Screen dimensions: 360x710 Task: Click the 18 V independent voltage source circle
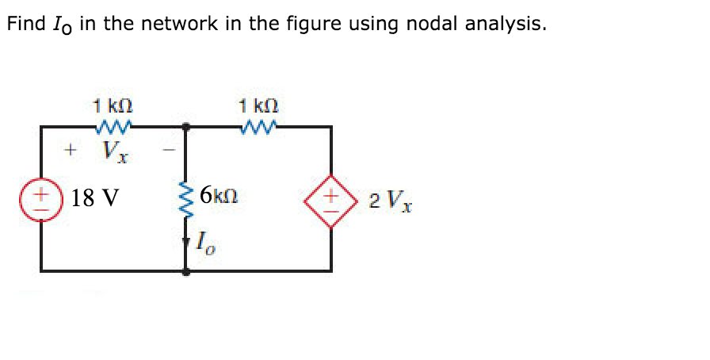(x=40, y=197)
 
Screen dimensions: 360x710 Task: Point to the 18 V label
(x=94, y=197)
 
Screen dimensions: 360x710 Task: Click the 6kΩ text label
(x=222, y=194)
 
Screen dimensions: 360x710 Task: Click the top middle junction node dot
(x=187, y=125)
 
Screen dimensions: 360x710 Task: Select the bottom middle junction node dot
(x=187, y=271)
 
